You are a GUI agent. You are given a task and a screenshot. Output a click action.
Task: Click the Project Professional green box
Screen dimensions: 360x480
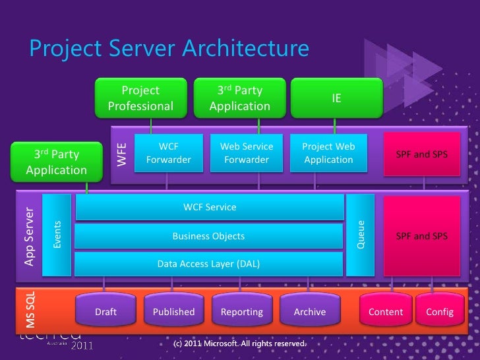click(140, 98)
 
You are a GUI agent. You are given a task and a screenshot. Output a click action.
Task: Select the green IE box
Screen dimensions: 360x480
click(336, 98)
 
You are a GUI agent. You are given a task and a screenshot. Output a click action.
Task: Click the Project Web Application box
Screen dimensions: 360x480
click(328, 153)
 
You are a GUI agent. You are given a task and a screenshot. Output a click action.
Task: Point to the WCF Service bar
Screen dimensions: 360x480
click(210, 207)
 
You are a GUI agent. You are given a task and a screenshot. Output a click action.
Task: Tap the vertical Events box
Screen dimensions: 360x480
click(57, 235)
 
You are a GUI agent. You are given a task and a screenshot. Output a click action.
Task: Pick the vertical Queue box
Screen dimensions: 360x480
click(361, 235)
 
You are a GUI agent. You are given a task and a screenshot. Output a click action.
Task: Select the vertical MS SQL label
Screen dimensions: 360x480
click(30, 310)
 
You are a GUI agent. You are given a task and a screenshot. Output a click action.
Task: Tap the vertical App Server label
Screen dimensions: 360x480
click(29, 236)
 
